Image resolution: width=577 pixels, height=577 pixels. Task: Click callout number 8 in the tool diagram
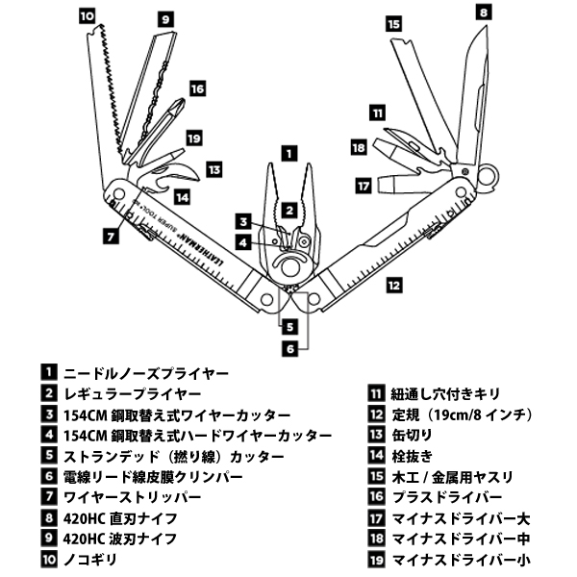pos(483,13)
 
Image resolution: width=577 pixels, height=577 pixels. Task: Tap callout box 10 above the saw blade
pos(88,15)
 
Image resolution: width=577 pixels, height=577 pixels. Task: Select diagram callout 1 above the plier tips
pos(288,151)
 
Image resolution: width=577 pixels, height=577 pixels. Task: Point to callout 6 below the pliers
pos(288,348)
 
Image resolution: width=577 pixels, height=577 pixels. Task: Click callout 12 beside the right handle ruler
pos(393,285)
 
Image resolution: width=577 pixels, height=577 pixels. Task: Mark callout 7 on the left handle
pos(112,235)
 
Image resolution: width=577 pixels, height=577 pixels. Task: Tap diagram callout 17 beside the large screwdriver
pos(363,183)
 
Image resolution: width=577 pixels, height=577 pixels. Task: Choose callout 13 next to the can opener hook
pos(213,169)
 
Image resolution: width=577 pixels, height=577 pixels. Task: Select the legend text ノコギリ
pos(90,559)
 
